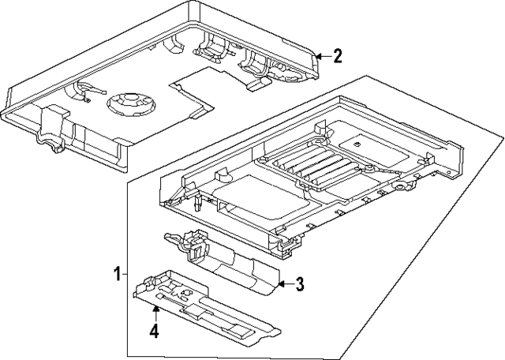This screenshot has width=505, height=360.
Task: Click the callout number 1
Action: click(116, 275)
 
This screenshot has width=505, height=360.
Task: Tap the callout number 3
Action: click(299, 284)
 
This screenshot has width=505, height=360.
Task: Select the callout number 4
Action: click(155, 332)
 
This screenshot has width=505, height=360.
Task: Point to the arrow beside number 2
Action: click(320, 56)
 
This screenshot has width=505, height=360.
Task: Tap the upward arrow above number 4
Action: click(155, 314)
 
